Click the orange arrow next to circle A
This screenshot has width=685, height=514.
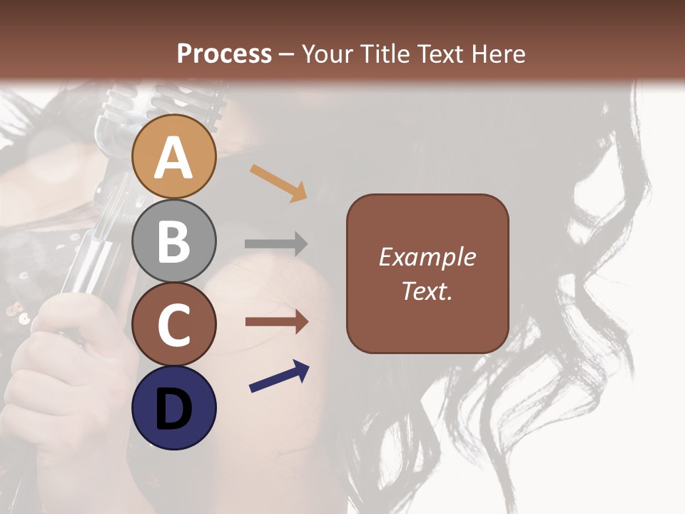[x=278, y=182]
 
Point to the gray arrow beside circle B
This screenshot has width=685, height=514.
[x=276, y=244]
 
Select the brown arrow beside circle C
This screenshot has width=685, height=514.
[x=276, y=322]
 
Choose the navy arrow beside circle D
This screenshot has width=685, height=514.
[x=279, y=376]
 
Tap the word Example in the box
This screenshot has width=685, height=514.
[x=427, y=257]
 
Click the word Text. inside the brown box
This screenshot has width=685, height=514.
[x=427, y=291]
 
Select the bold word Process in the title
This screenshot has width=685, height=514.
[x=224, y=54]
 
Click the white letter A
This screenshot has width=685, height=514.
[x=174, y=158]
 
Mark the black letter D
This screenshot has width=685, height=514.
[x=174, y=410]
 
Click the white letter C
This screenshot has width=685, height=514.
[x=174, y=326]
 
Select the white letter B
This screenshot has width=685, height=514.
[x=174, y=241]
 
